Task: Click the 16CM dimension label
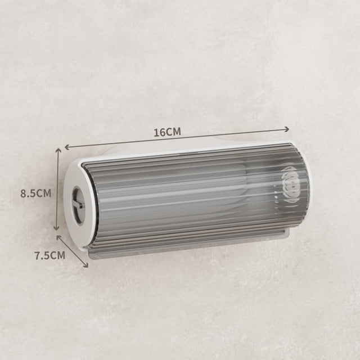[x=167, y=132]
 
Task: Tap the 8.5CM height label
[x=36, y=193]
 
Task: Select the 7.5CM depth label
[x=50, y=255]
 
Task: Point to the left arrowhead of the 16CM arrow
[x=67, y=147]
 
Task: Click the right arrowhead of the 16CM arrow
[x=286, y=129]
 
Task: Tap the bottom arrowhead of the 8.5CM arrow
[x=56, y=228]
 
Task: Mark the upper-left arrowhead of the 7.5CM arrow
[x=58, y=237]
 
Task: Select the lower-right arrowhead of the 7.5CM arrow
[x=86, y=265]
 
